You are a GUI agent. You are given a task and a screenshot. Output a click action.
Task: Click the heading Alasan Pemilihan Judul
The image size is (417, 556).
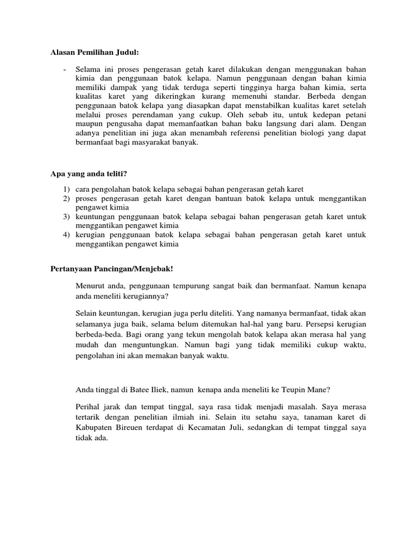pyautogui.click(x=94, y=52)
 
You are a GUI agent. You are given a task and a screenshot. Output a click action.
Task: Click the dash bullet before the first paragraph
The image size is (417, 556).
pyautogui.click(x=65, y=70)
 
